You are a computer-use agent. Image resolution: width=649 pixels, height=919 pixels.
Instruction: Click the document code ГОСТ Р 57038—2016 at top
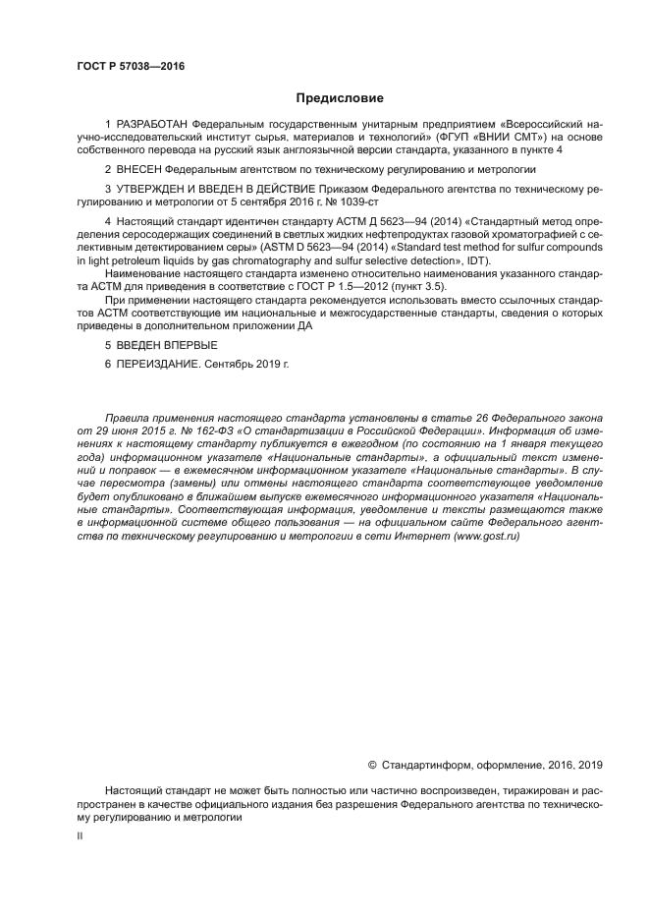click(131, 66)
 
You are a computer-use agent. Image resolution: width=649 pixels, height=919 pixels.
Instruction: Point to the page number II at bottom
click(81, 833)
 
